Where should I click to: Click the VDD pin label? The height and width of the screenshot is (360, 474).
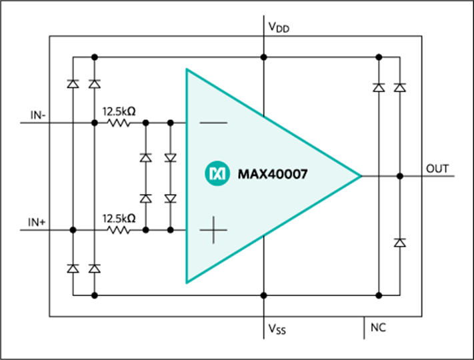pyautogui.click(x=279, y=27)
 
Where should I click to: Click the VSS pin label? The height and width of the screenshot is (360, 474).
pyautogui.click(x=277, y=329)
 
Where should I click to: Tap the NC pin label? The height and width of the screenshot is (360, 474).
pyautogui.click(x=378, y=327)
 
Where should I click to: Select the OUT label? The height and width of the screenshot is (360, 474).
pyautogui.click(x=437, y=169)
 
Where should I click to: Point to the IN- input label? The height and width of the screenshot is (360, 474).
pyautogui.click(x=38, y=115)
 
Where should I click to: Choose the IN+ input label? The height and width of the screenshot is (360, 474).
pyautogui.click(x=37, y=222)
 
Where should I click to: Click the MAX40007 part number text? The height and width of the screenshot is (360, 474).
pyautogui.click(x=273, y=174)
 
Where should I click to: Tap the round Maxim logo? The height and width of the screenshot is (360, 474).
pyautogui.click(x=217, y=173)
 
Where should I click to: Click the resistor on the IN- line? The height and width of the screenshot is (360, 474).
pyautogui.click(x=119, y=123)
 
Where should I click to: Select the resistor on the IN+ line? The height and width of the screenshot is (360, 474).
pyautogui.click(x=119, y=230)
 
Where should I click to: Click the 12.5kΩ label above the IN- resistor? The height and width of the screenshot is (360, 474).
pyautogui.click(x=119, y=111)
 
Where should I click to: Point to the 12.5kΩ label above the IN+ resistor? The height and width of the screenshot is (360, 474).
pyautogui.click(x=119, y=219)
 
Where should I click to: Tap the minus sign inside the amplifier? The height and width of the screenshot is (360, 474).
pyautogui.click(x=213, y=123)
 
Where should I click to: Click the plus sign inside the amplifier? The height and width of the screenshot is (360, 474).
pyautogui.click(x=213, y=230)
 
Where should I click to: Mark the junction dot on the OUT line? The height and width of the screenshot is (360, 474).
pyautogui.click(x=400, y=176)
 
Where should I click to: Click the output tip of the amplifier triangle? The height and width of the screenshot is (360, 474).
pyautogui.click(x=361, y=176)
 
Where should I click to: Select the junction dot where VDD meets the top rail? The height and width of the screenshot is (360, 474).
pyautogui.click(x=263, y=57)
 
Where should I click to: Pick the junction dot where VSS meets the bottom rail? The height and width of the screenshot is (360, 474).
pyautogui.click(x=263, y=295)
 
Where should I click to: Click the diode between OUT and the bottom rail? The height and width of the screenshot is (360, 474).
pyautogui.click(x=400, y=243)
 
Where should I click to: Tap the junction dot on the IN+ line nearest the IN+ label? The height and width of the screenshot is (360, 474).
pyautogui.click(x=73, y=230)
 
